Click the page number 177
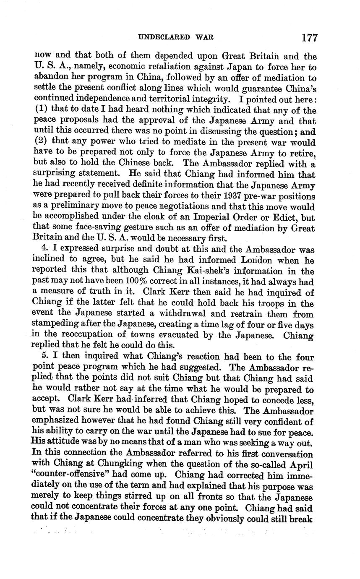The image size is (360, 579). coord(309,38)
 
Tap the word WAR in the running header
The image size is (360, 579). coord(204,38)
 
